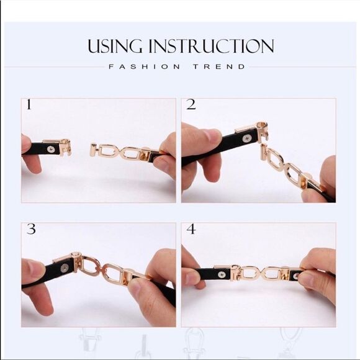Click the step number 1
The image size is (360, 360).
pos(29,105)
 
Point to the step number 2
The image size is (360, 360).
pos(191,105)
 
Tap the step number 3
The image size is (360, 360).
pos(30,229)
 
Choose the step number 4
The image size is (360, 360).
pos(191,229)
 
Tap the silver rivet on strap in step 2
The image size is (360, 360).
pos(248,138)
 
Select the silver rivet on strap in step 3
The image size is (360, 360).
pos(65,269)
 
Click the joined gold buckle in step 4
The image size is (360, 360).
pos(261,273)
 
